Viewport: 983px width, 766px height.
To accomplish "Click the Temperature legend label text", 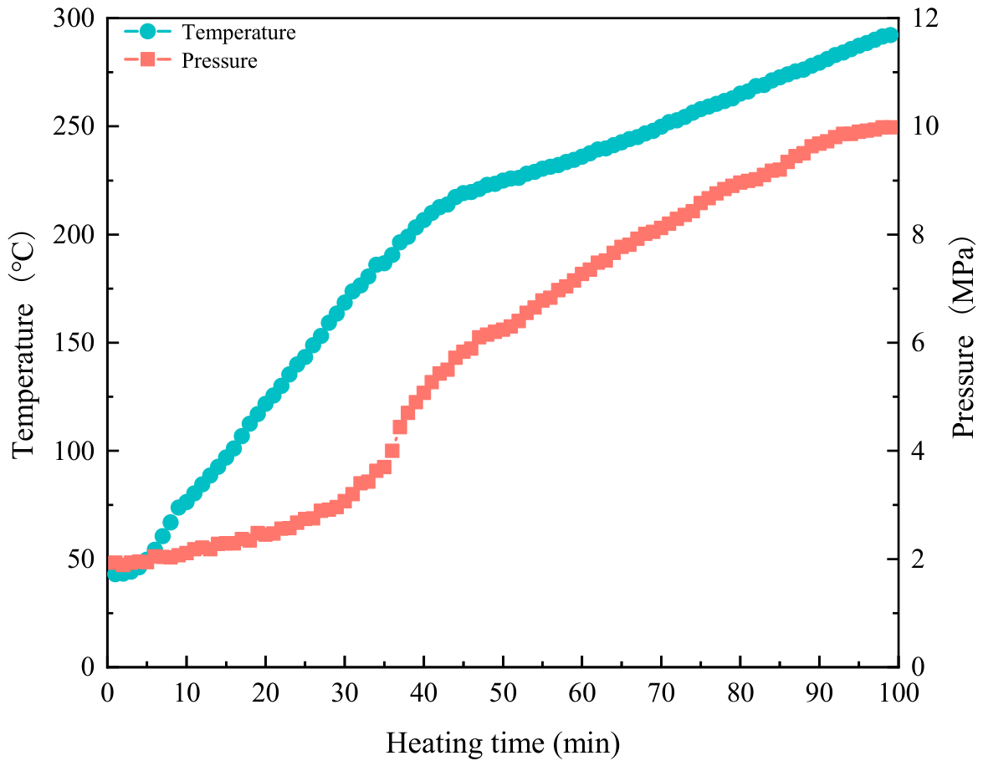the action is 238,32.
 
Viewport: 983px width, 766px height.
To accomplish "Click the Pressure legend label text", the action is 219,61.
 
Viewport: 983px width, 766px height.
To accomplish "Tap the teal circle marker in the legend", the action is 147,31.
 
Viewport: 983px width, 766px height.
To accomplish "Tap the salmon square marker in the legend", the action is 147,60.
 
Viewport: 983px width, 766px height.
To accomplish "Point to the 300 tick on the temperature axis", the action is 74,18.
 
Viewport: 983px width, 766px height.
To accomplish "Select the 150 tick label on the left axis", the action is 74,343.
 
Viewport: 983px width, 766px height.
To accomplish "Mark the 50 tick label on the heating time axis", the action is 503,692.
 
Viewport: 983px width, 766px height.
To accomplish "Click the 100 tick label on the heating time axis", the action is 898,692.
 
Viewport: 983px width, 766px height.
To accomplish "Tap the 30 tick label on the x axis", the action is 345,692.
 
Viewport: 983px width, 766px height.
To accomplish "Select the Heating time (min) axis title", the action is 503,743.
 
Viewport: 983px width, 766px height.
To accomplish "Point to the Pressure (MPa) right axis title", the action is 964,337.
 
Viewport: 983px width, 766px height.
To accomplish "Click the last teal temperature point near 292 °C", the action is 889,35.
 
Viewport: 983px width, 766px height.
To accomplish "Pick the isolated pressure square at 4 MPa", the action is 392,451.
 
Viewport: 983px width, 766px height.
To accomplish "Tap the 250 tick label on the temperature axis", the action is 74,126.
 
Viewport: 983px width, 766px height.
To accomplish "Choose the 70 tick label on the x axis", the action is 661,692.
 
